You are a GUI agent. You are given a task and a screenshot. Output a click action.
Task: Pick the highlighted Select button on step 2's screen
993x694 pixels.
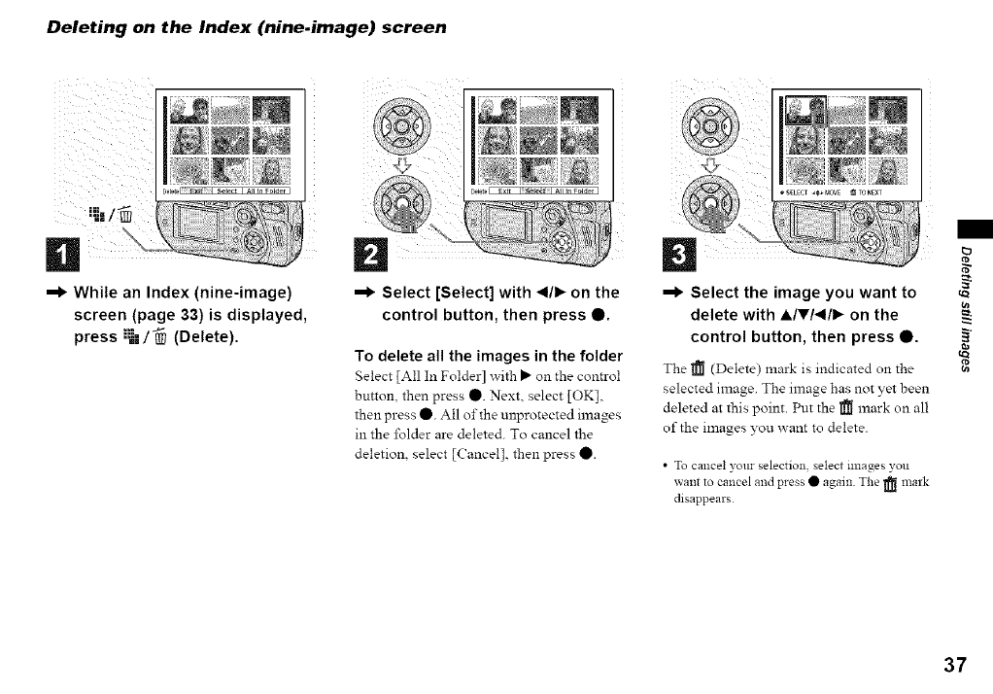click(535, 191)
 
